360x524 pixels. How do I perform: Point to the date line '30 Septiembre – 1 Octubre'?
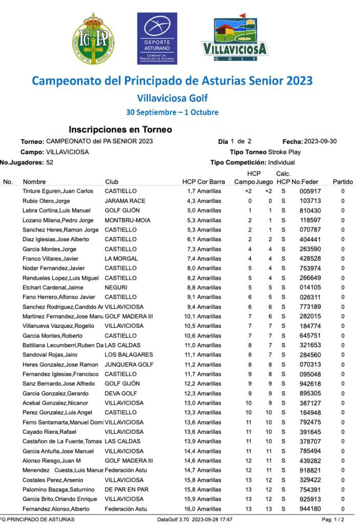[172, 112]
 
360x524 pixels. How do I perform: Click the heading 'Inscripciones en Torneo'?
[120, 130]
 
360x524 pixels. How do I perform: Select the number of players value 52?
[50, 162]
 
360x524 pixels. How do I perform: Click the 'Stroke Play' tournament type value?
[285, 152]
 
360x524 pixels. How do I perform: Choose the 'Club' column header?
[112, 182]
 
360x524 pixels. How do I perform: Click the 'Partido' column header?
[343, 182]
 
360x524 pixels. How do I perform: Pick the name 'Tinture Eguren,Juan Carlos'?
[58, 191]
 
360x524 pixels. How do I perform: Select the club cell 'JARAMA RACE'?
[125, 201]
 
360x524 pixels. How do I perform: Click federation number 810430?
[310, 211]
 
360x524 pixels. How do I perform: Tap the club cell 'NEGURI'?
[116, 287]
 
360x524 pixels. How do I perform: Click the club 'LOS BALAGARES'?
[129, 355]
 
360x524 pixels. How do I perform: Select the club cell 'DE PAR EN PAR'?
[126, 490]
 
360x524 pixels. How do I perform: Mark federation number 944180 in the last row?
[310, 509]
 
